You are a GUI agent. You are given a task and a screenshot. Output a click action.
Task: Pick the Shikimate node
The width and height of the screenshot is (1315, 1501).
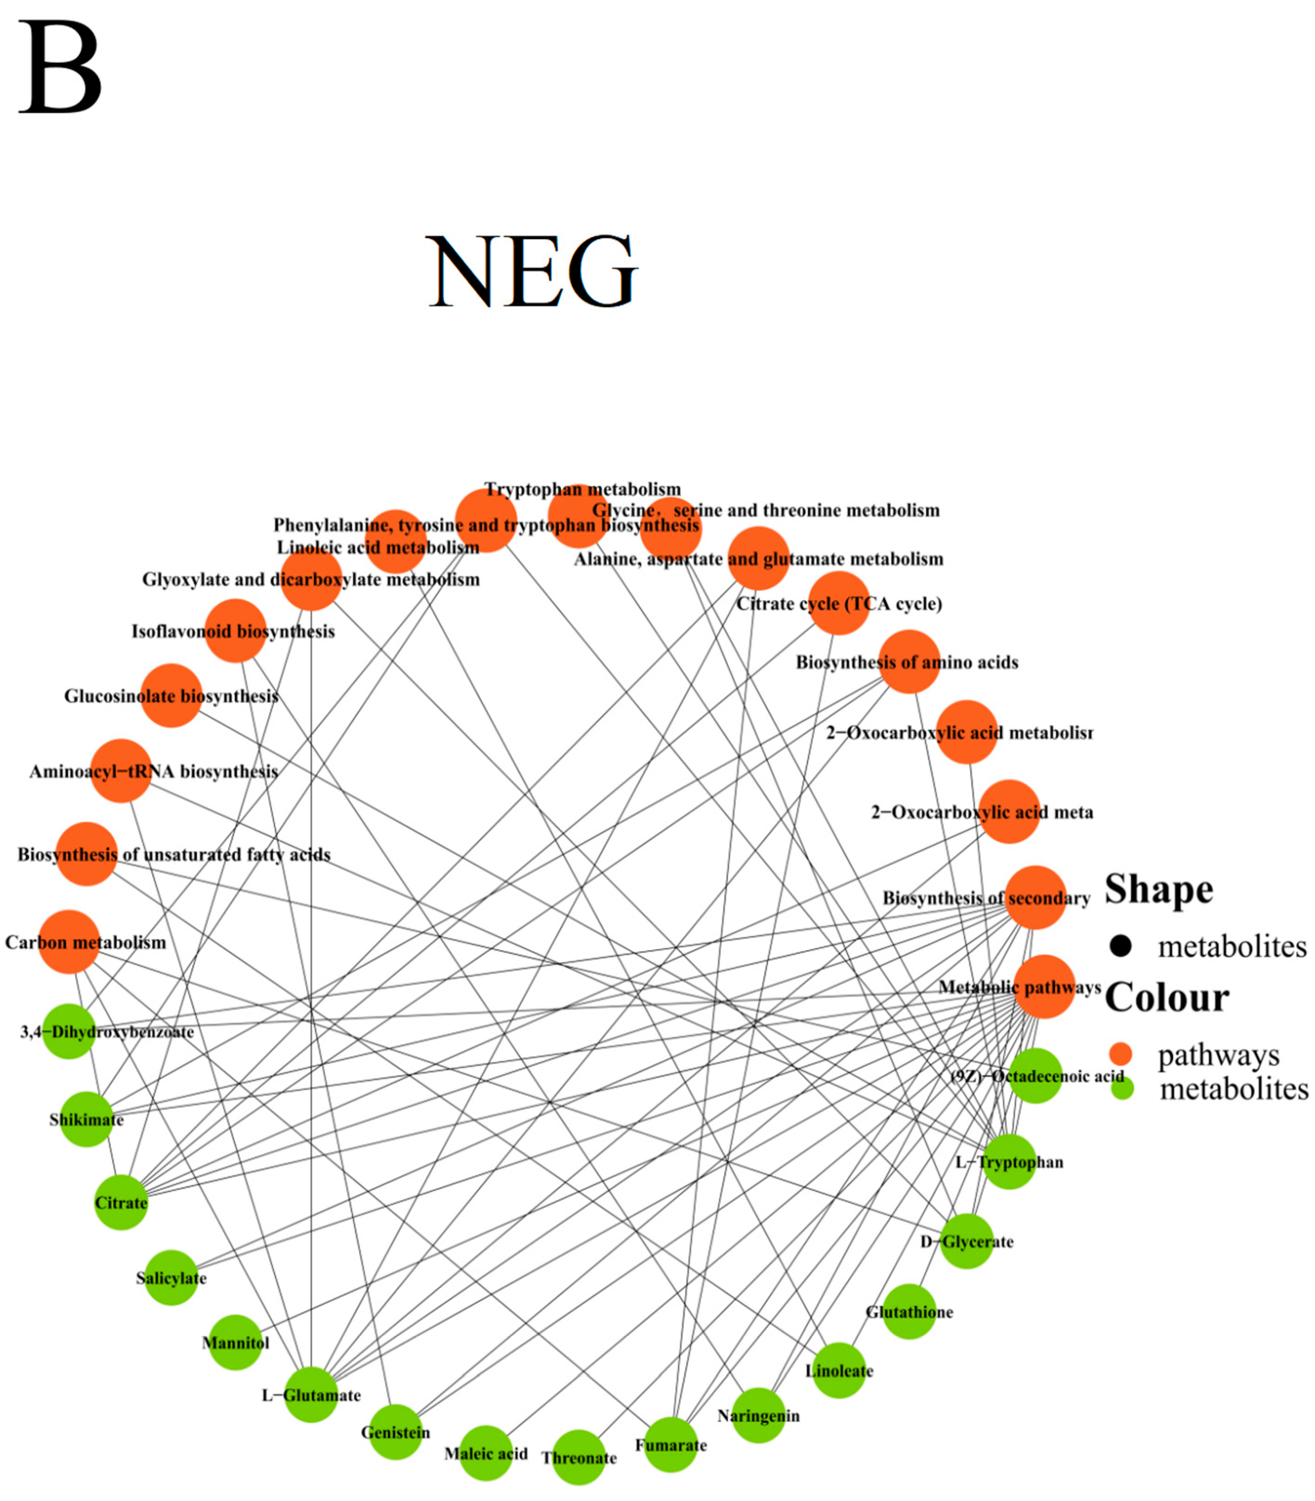click(x=86, y=1119)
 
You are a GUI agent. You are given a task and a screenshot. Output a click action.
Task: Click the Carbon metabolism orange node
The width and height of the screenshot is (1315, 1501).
click(x=69, y=942)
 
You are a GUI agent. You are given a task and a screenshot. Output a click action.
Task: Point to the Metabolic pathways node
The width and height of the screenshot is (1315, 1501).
click(x=1044, y=987)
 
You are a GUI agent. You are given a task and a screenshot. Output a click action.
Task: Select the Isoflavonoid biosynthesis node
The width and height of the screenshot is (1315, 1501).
click(x=235, y=631)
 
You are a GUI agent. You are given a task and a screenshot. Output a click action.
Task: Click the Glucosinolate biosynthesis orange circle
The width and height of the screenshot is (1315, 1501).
click(x=171, y=695)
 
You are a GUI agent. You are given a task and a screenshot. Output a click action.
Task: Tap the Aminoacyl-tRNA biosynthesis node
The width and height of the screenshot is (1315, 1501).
click(x=121, y=771)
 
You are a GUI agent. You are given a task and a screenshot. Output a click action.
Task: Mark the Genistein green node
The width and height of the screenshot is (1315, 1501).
click(x=396, y=1432)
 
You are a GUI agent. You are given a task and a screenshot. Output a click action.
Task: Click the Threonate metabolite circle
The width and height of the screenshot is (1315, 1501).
click(x=579, y=1457)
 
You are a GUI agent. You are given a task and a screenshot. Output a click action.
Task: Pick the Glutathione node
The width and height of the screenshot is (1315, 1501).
click(x=909, y=1312)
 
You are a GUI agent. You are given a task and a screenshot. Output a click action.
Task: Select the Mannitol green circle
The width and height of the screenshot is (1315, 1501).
click(x=235, y=1343)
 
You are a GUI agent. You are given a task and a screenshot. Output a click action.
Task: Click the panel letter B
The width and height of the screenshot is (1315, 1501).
click(x=60, y=67)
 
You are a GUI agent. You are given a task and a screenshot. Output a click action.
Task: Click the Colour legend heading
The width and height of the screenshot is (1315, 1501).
click(x=1167, y=998)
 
